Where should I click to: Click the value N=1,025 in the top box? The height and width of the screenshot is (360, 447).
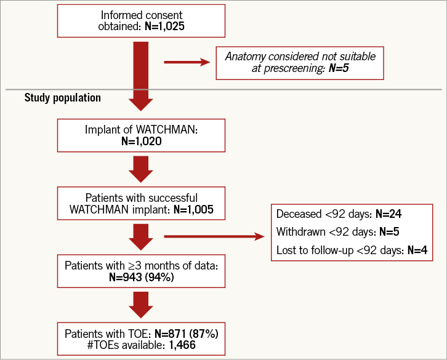[164, 27]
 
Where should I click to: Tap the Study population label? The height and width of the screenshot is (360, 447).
[63, 98]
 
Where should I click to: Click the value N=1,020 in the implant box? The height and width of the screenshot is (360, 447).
[141, 142]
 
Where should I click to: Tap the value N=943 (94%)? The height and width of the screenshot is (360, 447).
[141, 277]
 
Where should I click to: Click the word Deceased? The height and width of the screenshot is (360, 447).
[301, 214]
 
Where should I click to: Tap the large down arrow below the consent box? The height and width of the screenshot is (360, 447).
[141, 74]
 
